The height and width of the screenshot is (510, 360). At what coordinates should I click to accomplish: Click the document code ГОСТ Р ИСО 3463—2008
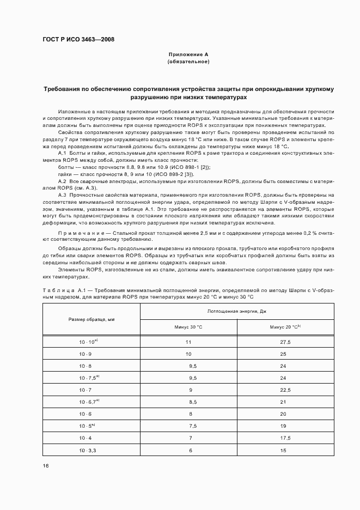pos(78,40)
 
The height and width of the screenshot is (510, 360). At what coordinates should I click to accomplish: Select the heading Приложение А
pos(188,55)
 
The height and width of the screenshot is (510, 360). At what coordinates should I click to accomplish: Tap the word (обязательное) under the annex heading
pos(188,62)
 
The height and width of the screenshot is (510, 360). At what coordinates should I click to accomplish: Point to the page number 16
pos(46,465)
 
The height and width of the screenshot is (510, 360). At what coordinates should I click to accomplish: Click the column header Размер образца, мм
pos(91,319)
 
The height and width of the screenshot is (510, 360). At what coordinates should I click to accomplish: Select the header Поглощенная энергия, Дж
pos(237,311)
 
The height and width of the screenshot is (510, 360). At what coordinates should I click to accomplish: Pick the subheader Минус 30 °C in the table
pos(188,327)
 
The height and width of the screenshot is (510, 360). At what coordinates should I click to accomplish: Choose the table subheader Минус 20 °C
pos(285,327)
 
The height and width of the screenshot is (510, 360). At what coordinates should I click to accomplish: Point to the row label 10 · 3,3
pos(87,450)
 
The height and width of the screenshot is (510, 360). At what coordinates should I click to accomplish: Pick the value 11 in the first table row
pos(188,342)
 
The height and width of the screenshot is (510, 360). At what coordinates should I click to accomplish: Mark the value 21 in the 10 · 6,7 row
pos(283,402)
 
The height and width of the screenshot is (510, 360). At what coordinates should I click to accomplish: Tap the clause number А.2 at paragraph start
pos(62,181)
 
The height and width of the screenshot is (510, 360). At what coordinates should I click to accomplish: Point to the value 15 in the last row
pos(283,450)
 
